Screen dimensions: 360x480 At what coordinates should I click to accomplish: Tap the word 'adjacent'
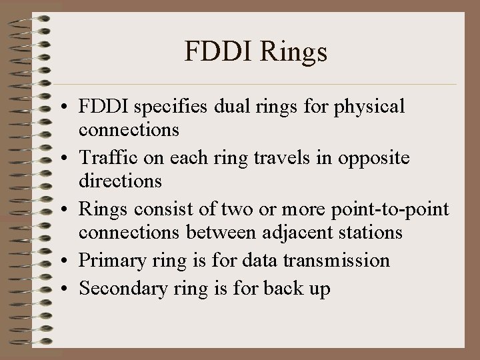click(x=293, y=231)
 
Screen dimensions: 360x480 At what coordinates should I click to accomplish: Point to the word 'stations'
click(x=369, y=231)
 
